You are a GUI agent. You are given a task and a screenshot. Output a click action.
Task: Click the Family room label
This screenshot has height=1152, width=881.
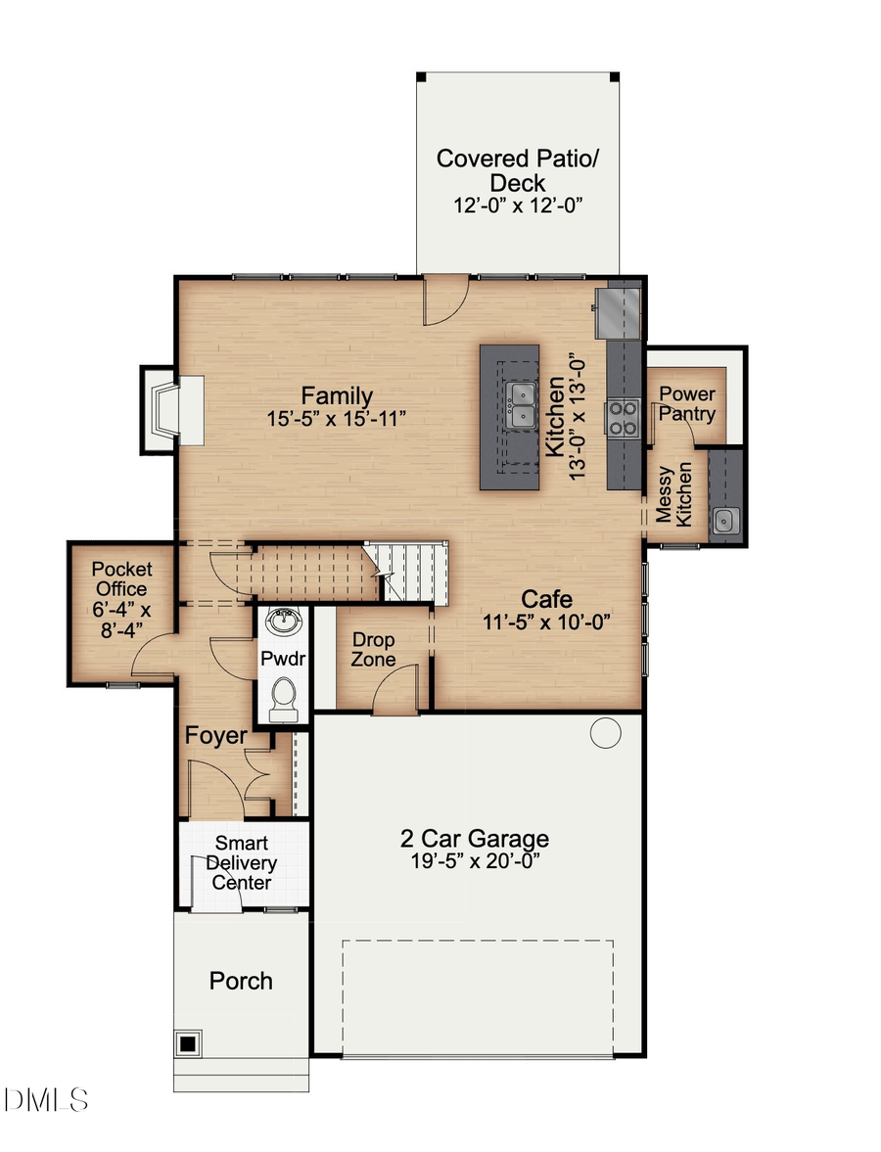pyautogui.click(x=336, y=396)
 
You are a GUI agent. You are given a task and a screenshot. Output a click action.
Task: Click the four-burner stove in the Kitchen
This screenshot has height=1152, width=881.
pyautogui.click(x=623, y=419)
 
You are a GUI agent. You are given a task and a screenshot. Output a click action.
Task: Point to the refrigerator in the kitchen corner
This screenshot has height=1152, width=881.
pyautogui.click(x=623, y=309)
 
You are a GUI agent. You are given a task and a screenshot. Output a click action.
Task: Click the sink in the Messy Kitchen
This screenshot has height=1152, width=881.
pyautogui.click(x=725, y=520)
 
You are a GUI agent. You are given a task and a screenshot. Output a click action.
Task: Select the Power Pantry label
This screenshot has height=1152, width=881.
pyautogui.click(x=686, y=403)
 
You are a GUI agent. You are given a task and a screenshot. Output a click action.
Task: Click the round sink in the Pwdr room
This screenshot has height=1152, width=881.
pyautogui.click(x=285, y=621)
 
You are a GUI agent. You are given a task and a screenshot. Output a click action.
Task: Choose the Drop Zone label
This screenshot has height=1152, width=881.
pyautogui.click(x=374, y=649)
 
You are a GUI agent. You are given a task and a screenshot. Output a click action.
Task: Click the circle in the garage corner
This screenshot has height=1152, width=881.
pyautogui.click(x=606, y=731)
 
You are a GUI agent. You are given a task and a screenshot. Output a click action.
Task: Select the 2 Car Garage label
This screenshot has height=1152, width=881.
pyautogui.click(x=474, y=839)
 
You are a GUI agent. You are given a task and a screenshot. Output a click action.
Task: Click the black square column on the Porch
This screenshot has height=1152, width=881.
pyautogui.click(x=187, y=1043)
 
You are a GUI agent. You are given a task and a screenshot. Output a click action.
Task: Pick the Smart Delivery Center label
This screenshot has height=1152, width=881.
pyautogui.click(x=242, y=862)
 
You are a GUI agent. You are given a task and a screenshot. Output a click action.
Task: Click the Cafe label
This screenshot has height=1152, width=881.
pyautogui.click(x=546, y=599)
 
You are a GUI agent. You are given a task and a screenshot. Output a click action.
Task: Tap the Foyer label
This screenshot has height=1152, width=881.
pyautogui.click(x=216, y=735)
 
